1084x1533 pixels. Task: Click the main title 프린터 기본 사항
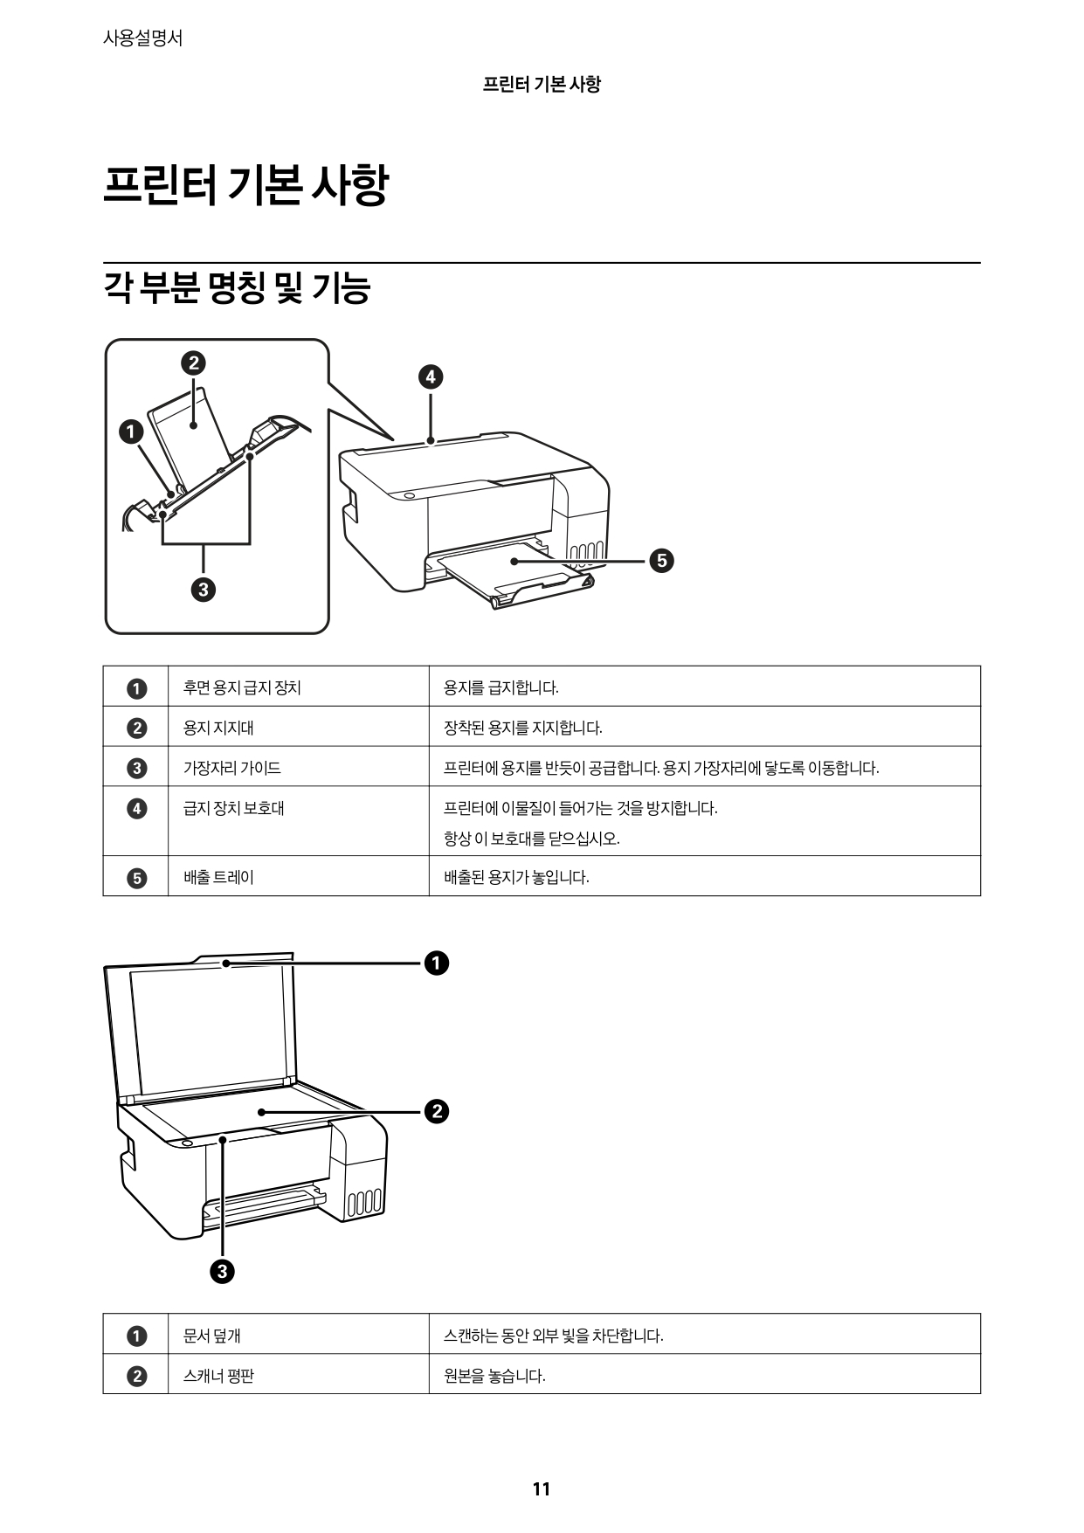click(245, 186)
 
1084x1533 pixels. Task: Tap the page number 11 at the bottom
click(541, 1489)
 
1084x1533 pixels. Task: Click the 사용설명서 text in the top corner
click(142, 38)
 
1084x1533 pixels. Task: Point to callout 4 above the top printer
click(430, 377)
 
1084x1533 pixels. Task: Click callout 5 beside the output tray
click(661, 560)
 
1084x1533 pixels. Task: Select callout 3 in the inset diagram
click(203, 590)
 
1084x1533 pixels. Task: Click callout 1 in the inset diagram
click(131, 432)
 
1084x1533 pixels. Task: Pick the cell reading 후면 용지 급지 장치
click(242, 687)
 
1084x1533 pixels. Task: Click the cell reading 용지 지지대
click(218, 728)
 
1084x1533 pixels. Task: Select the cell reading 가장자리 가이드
click(231, 768)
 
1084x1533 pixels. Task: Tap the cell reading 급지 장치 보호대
click(233, 808)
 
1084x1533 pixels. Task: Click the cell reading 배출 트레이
click(218, 877)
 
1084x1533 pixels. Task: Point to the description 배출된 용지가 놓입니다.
click(516, 877)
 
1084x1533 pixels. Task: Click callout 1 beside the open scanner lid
click(436, 963)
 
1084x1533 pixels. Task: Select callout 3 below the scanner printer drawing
click(222, 1272)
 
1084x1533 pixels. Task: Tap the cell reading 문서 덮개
click(211, 1336)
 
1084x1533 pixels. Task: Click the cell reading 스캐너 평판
click(218, 1376)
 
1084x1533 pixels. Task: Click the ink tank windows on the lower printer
click(364, 1204)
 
